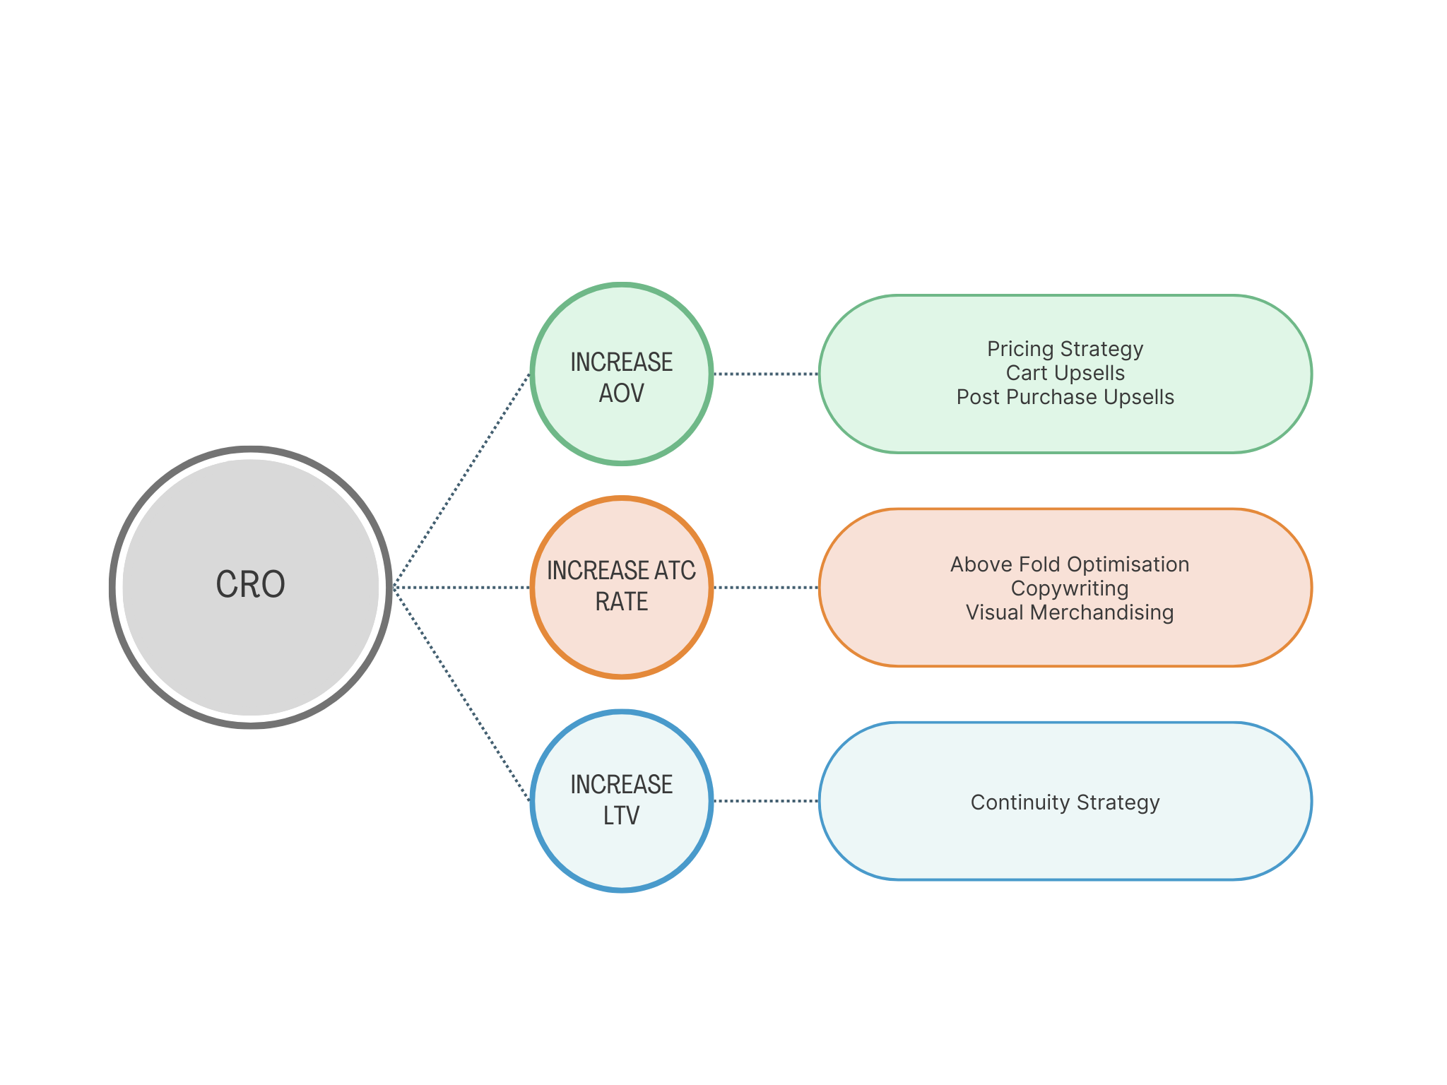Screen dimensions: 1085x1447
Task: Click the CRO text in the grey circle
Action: click(x=250, y=585)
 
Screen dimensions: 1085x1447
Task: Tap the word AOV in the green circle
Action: click(x=621, y=393)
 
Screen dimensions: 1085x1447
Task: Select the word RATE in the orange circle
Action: click(x=621, y=602)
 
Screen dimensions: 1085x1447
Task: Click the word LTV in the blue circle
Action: click(x=621, y=816)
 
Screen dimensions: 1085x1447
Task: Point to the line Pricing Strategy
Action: click(x=1065, y=349)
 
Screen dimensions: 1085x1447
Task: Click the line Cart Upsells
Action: click(x=1065, y=373)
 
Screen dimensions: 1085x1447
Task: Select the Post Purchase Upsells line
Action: click(x=1065, y=397)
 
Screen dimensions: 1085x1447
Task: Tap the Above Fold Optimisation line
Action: click(x=1069, y=564)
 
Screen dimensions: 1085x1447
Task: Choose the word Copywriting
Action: click(x=1069, y=588)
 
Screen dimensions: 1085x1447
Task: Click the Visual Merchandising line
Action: click(x=1069, y=612)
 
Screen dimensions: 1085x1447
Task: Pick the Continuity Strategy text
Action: click(x=1065, y=802)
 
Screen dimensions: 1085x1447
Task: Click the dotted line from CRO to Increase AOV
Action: click(x=461, y=480)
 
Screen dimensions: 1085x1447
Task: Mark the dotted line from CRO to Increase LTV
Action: click(x=461, y=694)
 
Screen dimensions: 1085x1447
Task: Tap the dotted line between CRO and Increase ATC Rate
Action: click(x=461, y=587)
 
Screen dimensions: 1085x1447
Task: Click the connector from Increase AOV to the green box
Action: click(x=765, y=374)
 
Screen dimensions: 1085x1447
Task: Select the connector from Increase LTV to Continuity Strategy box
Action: click(x=765, y=801)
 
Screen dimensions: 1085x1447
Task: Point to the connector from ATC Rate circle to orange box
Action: click(x=765, y=587)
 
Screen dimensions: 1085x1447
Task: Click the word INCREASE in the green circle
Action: click(x=621, y=362)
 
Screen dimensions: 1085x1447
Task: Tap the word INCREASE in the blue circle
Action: click(x=621, y=785)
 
